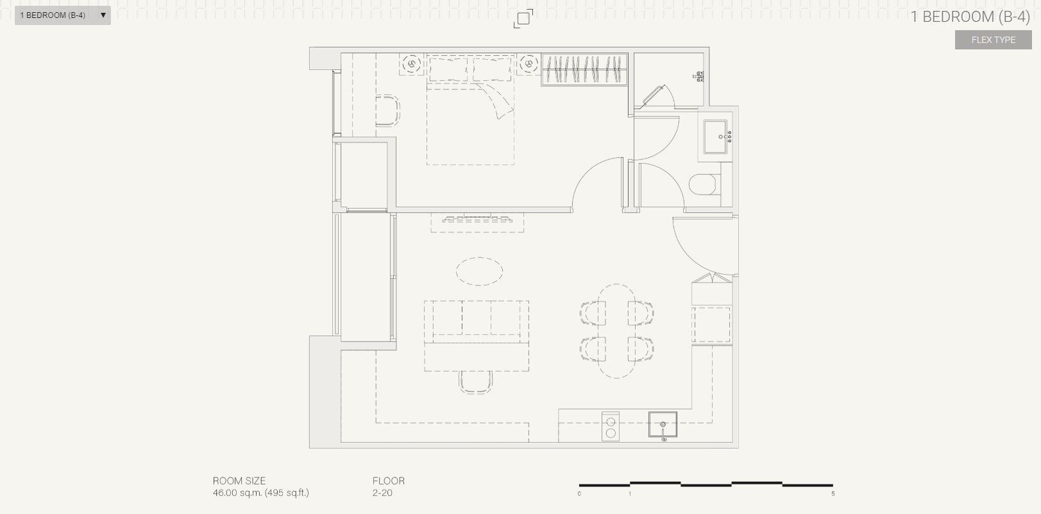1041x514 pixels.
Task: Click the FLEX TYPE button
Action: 993,40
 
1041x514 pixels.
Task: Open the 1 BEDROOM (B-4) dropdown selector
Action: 62,15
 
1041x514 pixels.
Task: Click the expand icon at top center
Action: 523,19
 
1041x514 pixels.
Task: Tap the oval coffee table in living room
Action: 478,271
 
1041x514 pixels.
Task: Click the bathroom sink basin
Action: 716,136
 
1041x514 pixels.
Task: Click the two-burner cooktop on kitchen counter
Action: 611,427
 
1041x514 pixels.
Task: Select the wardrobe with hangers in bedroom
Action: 584,69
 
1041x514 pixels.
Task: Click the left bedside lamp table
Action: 411,64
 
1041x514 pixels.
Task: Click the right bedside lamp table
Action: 529,64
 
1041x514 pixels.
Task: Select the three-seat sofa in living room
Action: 477,319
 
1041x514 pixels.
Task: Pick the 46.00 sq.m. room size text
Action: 260,493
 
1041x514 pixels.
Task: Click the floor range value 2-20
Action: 382,493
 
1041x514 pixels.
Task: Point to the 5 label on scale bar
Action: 833,493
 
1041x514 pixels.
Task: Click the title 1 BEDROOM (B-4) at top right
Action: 970,17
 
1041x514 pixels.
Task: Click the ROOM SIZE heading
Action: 239,481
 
